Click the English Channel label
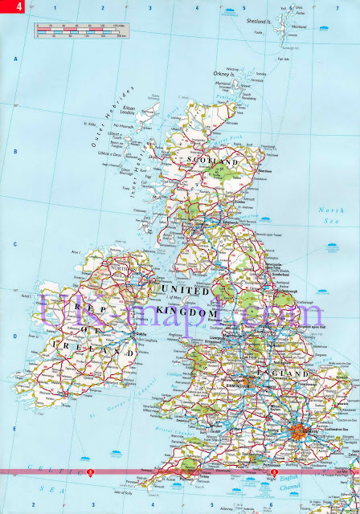coord(324,484)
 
